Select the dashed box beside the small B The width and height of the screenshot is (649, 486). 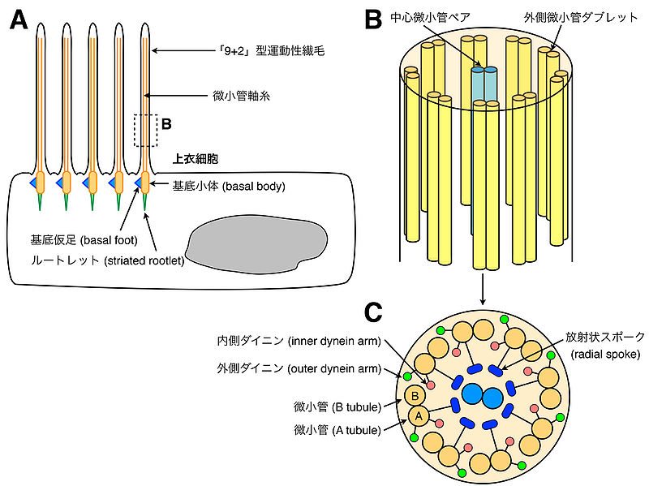[x=145, y=130]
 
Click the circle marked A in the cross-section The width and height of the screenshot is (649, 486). [x=419, y=415]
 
